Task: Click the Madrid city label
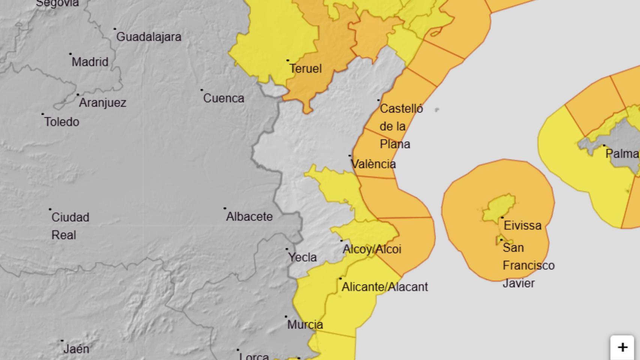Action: [x=90, y=62]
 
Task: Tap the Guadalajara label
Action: [x=149, y=37]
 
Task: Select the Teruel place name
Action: [x=305, y=69]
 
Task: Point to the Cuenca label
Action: [x=224, y=98]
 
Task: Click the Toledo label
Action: [x=62, y=122]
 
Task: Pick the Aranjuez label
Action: [x=102, y=103]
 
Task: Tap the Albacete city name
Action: [x=249, y=217]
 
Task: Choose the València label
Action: [x=373, y=164]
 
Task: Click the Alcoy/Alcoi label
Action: [x=372, y=249]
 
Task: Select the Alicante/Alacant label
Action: [x=385, y=287]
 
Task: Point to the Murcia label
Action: [x=305, y=325]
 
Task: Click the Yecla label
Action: [x=302, y=257]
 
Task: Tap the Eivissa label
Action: [x=523, y=226]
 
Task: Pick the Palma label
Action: [x=622, y=154]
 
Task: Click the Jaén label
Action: [x=76, y=349]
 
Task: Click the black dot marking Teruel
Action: [x=288, y=60]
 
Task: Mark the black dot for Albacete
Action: [x=225, y=208]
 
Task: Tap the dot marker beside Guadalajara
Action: [x=115, y=28]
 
